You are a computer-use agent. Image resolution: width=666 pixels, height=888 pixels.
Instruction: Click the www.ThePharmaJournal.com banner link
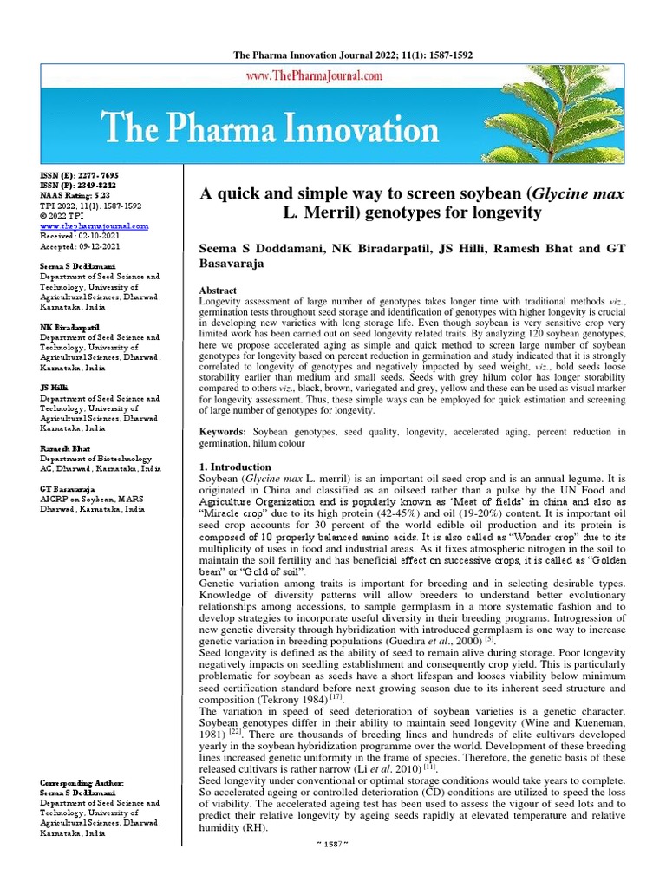[x=315, y=76]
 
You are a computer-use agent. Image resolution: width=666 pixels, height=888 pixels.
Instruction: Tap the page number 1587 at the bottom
[x=332, y=868]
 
